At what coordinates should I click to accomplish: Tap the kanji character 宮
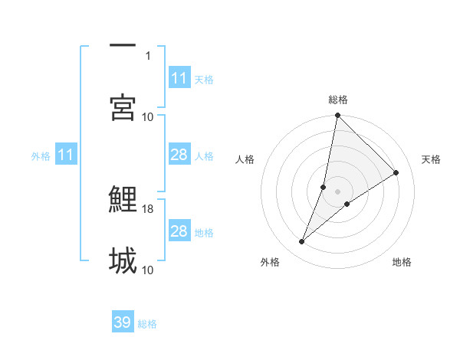(x=123, y=107)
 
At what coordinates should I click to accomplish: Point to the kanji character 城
(x=123, y=260)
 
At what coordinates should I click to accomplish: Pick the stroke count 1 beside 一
(x=148, y=55)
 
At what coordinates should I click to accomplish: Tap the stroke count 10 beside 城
(x=148, y=270)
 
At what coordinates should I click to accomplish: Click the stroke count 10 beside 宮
(x=148, y=116)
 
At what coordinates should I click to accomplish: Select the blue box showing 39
(x=123, y=322)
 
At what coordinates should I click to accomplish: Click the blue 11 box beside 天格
(x=179, y=78)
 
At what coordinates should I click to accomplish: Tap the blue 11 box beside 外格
(x=66, y=155)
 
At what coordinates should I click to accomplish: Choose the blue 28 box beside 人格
(x=179, y=155)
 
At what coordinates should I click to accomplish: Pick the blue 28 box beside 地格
(x=179, y=231)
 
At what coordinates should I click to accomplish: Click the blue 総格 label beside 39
(x=147, y=324)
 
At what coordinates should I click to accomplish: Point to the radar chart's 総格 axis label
(x=338, y=100)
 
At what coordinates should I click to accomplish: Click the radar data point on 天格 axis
(x=396, y=172)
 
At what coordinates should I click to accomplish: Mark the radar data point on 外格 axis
(x=302, y=242)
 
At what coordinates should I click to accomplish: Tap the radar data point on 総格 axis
(x=337, y=116)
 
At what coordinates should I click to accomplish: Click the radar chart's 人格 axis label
(x=245, y=159)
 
